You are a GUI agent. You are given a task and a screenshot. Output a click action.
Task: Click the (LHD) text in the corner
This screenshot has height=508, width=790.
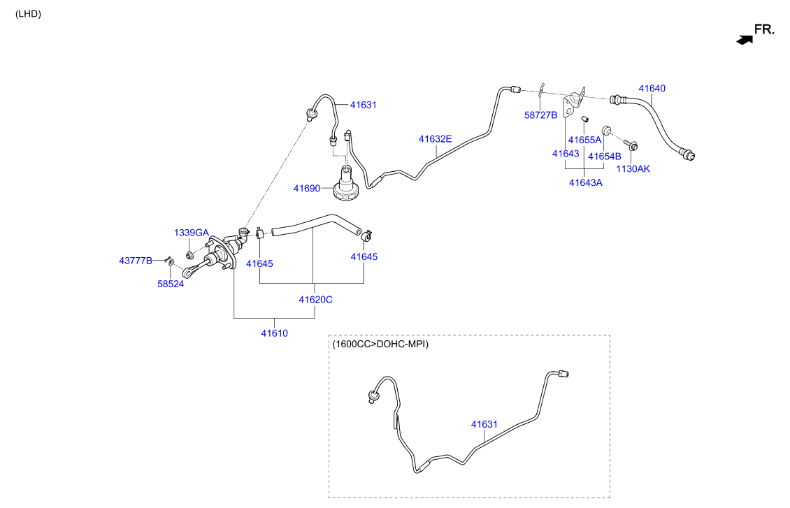pyautogui.click(x=28, y=14)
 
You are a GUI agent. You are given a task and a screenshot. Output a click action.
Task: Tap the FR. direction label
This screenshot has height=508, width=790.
pyautogui.click(x=764, y=30)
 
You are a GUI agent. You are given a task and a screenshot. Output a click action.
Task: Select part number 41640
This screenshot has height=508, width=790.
pyautogui.click(x=652, y=89)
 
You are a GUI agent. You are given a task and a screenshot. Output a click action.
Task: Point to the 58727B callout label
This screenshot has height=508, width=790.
pyautogui.click(x=540, y=115)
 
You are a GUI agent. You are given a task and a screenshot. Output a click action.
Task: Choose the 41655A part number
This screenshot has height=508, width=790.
pyautogui.click(x=584, y=140)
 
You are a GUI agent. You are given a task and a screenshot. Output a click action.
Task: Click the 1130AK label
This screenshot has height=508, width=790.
pyautogui.click(x=633, y=169)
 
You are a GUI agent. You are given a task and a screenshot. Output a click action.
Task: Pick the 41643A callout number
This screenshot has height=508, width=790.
pyautogui.click(x=585, y=183)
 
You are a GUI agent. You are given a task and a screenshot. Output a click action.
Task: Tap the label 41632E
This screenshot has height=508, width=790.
pyautogui.click(x=435, y=139)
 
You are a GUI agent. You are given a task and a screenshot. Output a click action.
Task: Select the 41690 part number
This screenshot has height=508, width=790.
pyautogui.click(x=307, y=189)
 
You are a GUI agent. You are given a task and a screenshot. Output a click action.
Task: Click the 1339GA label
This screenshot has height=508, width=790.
pyautogui.click(x=191, y=233)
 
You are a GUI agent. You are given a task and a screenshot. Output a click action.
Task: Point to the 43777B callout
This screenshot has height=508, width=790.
pyautogui.click(x=136, y=261)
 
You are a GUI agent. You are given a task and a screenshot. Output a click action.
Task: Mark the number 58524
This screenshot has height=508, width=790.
pyautogui.click(x=171, y=284)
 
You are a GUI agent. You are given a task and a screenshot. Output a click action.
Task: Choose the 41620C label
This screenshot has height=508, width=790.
pyautogui.click(x=315, y=300)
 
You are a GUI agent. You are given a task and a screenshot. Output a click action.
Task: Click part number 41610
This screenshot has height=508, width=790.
pyautogui.click(x=274, y=333)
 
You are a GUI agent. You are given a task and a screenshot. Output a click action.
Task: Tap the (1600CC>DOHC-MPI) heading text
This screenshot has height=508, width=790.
pyautogui.click(x=380, y=344)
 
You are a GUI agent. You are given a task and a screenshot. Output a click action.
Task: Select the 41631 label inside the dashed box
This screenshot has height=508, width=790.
pyautogui.click(x=484, y=424)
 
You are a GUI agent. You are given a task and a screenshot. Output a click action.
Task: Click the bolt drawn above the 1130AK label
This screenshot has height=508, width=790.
pyautogui.click(x=631, y=145)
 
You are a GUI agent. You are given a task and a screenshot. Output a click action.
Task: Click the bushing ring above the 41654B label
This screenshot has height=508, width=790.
pyautogui.click(x=607, y=131)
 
